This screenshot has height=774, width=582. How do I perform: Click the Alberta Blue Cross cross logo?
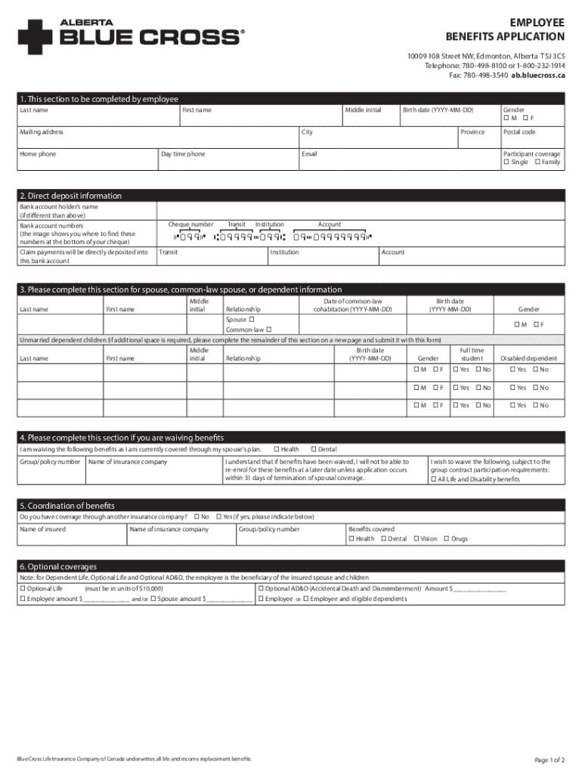pos(34,36)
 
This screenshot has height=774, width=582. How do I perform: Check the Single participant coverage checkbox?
pos(506,163)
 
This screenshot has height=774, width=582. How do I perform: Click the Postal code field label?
pos(519,132)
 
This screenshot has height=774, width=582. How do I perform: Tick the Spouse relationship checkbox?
pos(250,319)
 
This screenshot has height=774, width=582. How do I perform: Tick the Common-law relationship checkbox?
pos(268,330)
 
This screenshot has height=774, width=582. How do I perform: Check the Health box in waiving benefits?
pos(277,450)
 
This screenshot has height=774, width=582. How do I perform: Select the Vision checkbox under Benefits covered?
pos(416,539)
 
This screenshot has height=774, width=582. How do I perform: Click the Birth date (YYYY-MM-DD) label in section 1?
pos(438,110)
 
